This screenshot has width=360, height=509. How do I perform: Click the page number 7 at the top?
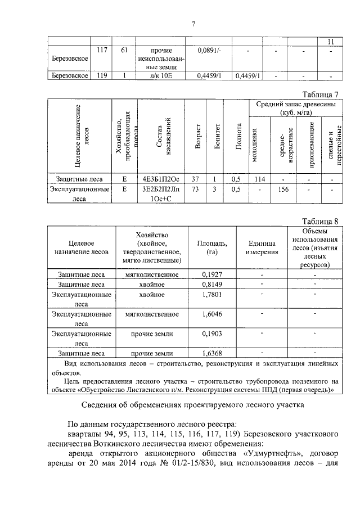click(x=193, y=24)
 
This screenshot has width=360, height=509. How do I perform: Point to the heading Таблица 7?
click(x=320, y=94)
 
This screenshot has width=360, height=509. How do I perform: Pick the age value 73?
click(x=195, y=190)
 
